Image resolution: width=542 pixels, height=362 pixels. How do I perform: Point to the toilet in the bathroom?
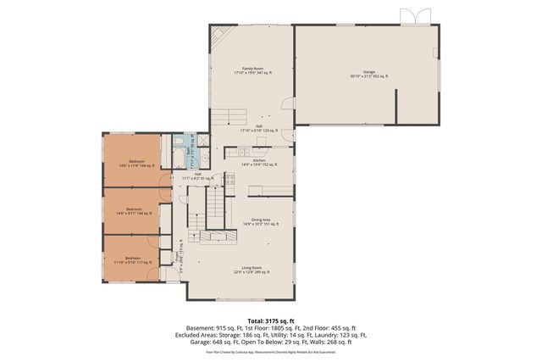[x=180, y=141]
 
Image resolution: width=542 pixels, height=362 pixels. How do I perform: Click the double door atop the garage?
[x=409, y=16]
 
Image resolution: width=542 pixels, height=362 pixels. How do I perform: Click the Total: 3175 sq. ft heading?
[x=270, y=320]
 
